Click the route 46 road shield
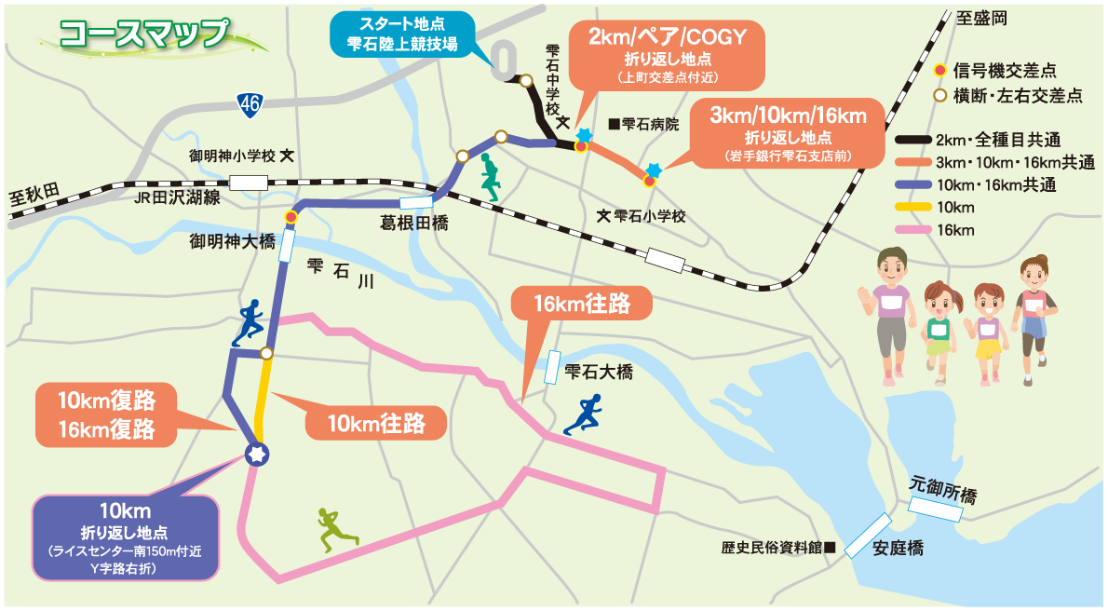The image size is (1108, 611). (x=249, y=103)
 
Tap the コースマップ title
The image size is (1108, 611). (x=144, y=33)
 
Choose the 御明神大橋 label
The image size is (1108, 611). (x=233, y=242)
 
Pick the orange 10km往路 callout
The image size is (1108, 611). (x=376, y=424)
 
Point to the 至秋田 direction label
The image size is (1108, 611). (x=34, y=196)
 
